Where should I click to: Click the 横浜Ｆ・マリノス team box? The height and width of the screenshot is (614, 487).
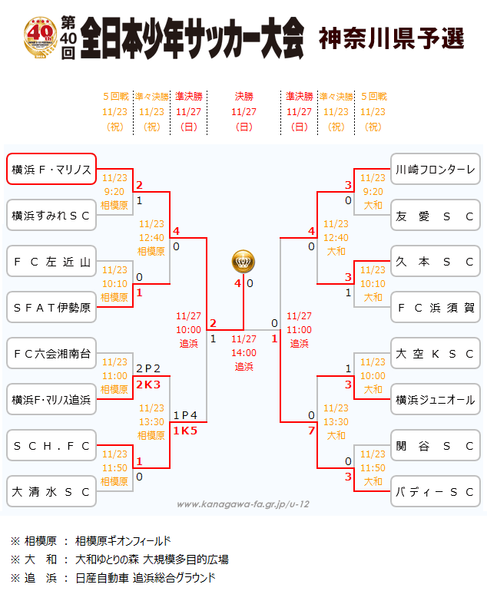point(51,169)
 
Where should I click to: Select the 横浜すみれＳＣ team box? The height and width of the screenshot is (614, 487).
point(51,215)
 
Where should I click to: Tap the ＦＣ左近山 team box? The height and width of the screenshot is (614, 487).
point(51,261)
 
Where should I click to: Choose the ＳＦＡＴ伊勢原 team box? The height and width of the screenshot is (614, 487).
point(51,307)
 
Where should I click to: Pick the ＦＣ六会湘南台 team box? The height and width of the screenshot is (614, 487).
point(51,353)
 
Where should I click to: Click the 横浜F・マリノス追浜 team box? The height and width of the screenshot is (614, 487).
point(51,399)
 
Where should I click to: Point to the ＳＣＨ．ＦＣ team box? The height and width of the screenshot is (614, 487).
point(51,445)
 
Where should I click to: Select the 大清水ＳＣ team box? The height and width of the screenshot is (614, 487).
point(51,491)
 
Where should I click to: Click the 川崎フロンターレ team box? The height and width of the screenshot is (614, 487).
point(436,169)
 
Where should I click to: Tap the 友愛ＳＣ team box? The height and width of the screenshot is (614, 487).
point(436,215)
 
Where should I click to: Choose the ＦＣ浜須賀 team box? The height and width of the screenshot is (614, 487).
point(436,307)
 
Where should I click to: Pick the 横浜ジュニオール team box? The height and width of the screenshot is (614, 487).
point(436,399)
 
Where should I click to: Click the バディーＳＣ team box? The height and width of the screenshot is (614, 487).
point(436,491)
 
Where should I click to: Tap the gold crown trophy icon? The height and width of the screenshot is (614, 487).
point(243,261)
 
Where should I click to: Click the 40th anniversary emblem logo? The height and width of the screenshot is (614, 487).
point(41,37)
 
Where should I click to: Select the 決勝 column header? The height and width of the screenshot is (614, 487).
point(243,97)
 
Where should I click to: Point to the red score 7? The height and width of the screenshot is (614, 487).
point(311,431)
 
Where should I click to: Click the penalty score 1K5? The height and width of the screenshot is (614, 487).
point(185,431)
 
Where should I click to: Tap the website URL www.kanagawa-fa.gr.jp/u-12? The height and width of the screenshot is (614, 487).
point(243,504)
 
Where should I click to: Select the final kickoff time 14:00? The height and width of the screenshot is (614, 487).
point(243,353)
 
